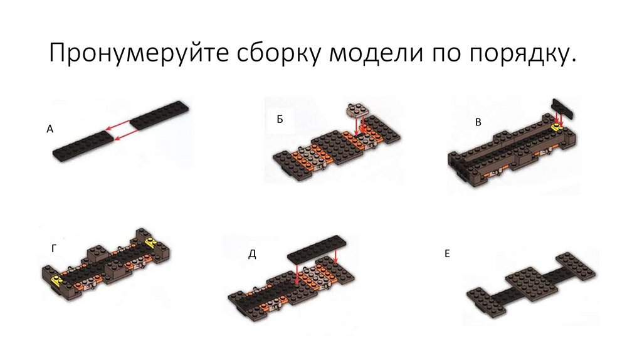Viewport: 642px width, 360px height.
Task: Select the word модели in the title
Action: click(376, 53)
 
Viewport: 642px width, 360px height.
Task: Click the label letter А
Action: click(50, 129)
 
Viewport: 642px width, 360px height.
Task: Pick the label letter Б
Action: click(280, 119)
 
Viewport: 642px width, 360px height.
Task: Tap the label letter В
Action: click(478, 122)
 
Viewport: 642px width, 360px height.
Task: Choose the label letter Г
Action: click(54, 248)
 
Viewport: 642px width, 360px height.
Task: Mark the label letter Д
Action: click(252, 255)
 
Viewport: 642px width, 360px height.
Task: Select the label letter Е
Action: click(447, 253)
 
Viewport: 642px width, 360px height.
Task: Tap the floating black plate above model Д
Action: click(317, 250)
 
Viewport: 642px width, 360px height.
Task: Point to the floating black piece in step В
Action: click(563, 109)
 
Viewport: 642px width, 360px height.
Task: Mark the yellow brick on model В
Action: click(557, 127)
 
